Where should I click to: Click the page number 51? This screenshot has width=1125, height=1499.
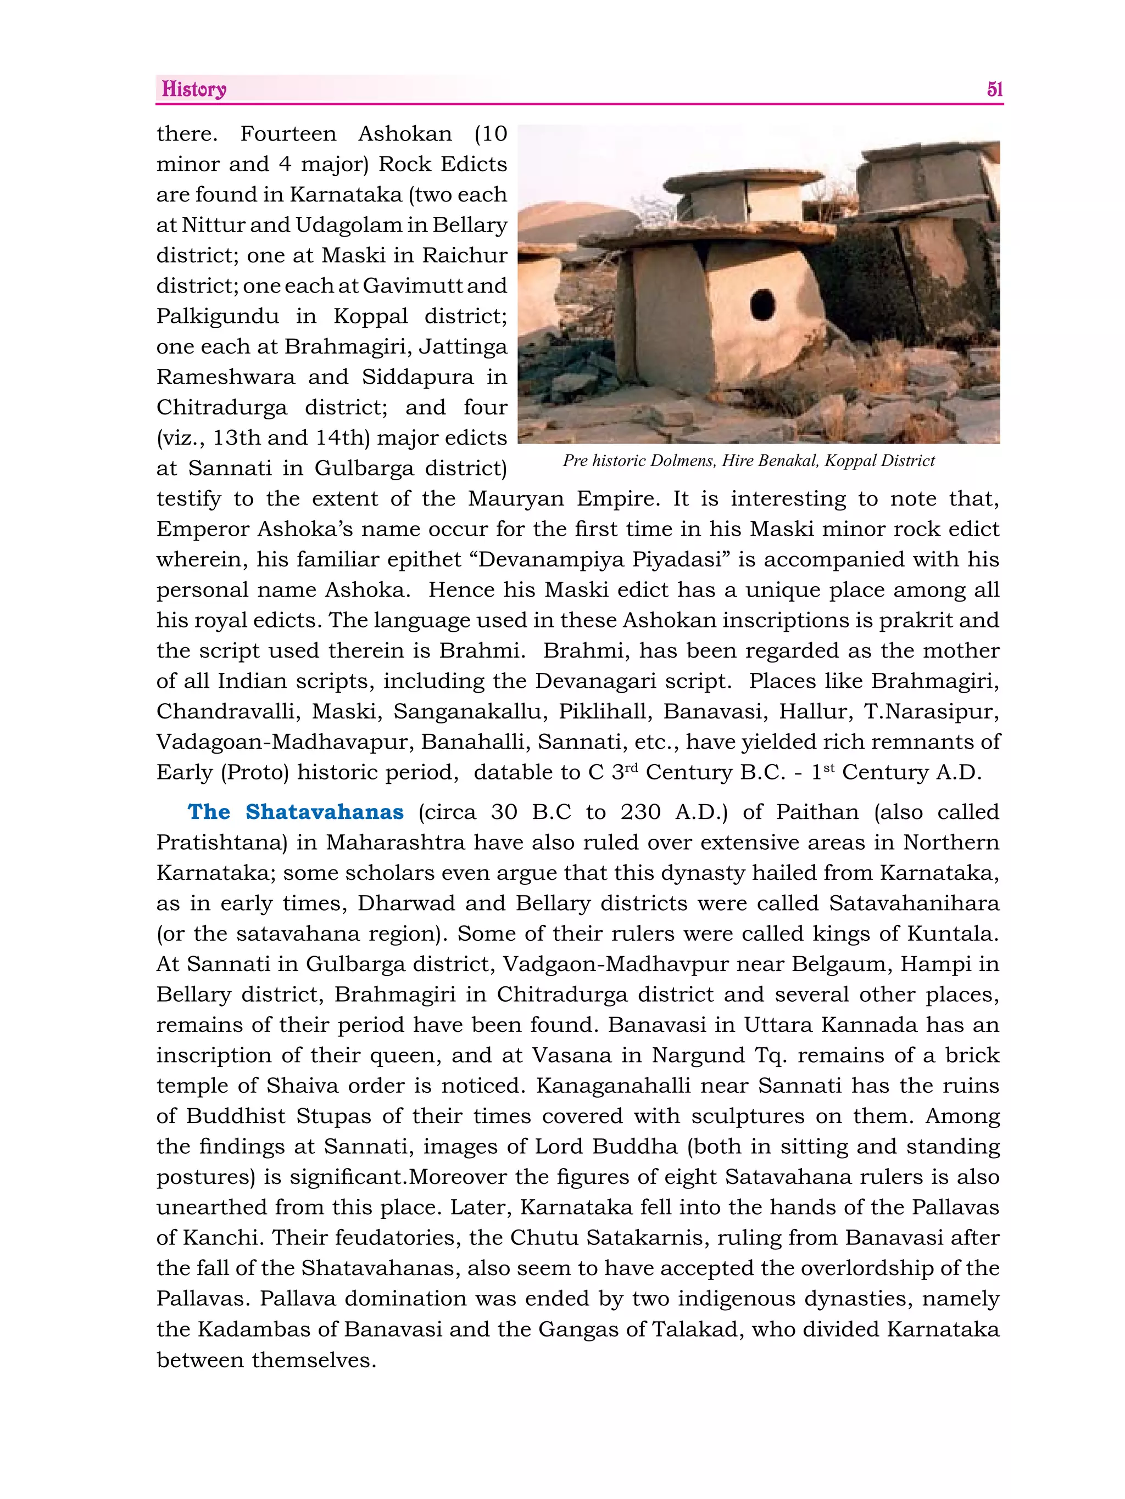point(994,89)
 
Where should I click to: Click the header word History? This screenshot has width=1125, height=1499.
point(194,89)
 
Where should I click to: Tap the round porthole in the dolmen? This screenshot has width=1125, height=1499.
point(763,306)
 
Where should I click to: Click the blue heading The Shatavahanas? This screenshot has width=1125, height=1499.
point(296,812)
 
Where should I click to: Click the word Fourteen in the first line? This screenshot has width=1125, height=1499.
point(288,134)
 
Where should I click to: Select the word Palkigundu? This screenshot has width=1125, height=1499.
point(217,317)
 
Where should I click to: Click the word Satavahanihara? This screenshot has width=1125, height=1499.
point(914,903)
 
